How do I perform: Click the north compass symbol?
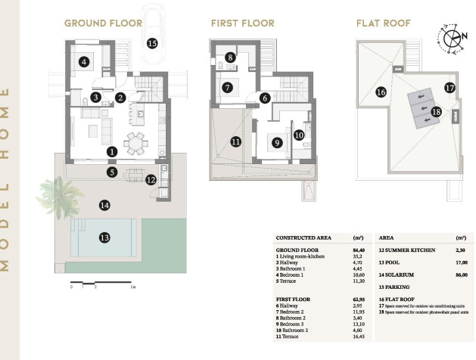tap(452, 39)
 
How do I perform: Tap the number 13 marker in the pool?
tap(104, 237)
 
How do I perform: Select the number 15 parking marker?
tap(152, 43)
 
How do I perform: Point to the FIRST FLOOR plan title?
tap(242, 23)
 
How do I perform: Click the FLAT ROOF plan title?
tap(384, 23)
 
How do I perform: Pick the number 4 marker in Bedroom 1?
tap(85, 62)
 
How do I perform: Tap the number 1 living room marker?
tap(112, 151)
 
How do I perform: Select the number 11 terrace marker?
tap(235, 141)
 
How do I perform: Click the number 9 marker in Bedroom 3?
tap(277, 142)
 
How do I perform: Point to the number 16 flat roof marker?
tap(381, 92)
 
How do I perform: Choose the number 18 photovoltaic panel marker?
tap(435, 111)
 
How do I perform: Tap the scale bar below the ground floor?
tap(101, 287)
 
